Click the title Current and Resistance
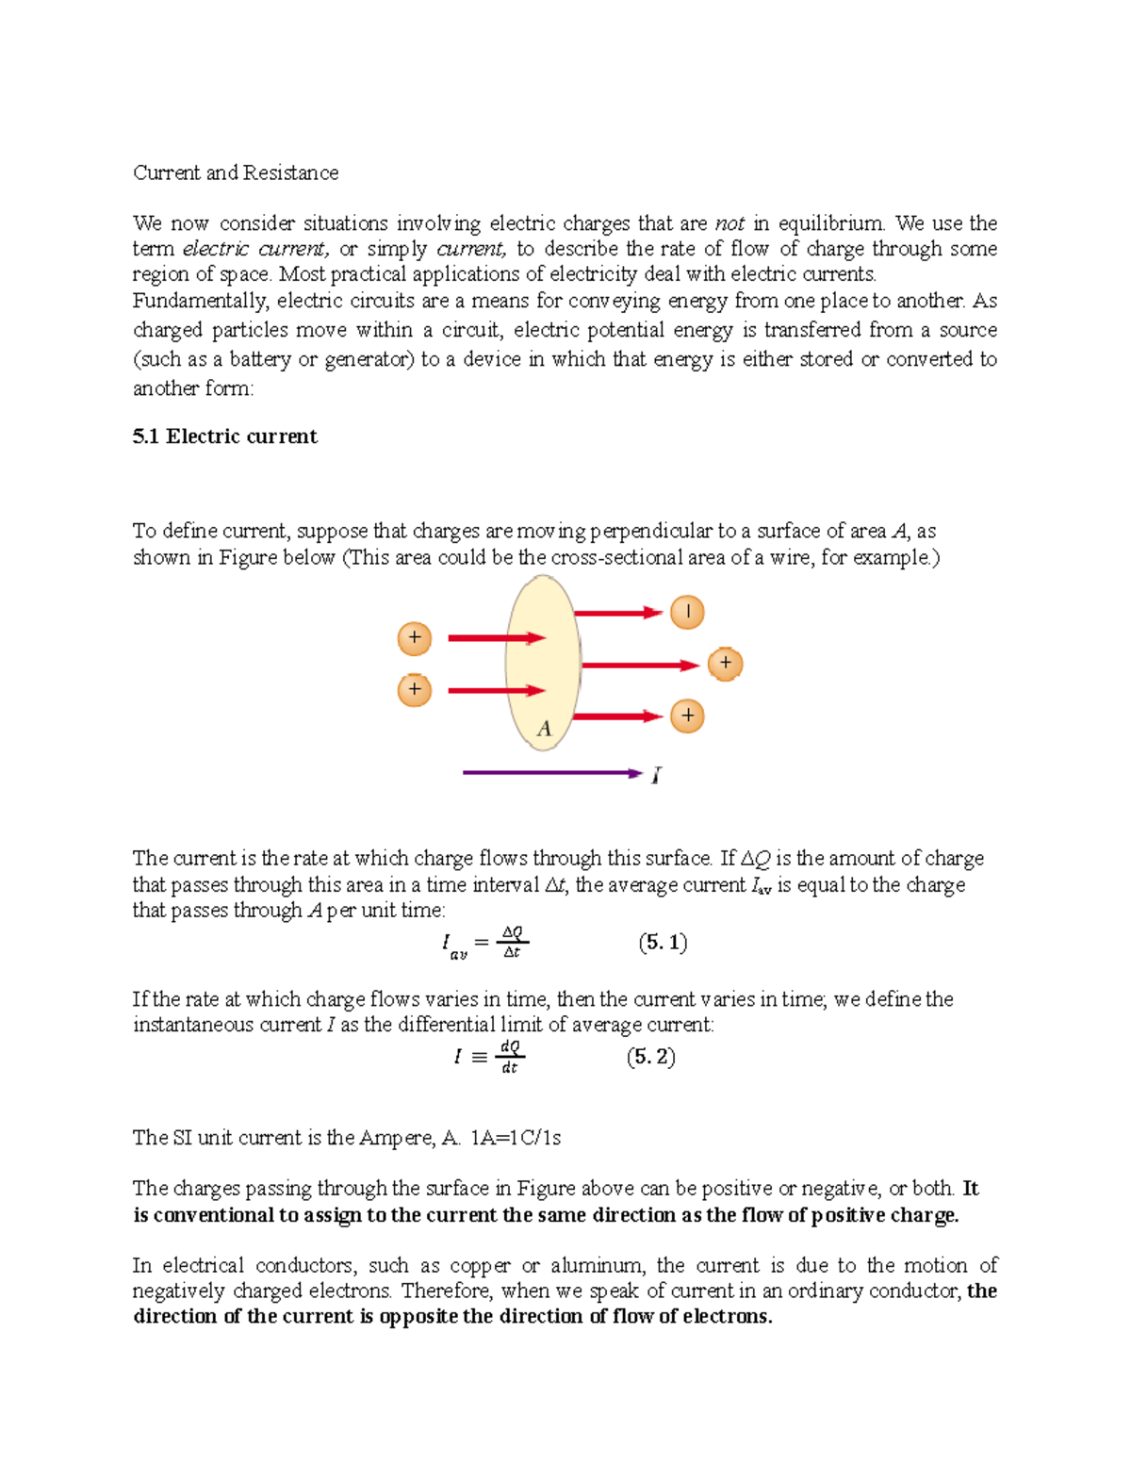(x=236, y=173)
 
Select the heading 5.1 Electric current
(x=224, y=436)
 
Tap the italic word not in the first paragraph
(x=729, y=223)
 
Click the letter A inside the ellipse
(x=544, y=729)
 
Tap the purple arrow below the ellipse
(x=551, y=773)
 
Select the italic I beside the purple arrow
(x=656, y=775)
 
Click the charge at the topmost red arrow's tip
(x=687, y=612)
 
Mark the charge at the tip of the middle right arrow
(x=725, y=664)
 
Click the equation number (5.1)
(x=663, y=943)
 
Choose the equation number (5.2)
(x=650, y=1057)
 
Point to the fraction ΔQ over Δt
(x=512, y=943)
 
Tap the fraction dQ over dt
(x=510, y=1057)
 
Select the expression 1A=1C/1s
(x=515, y=1138)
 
